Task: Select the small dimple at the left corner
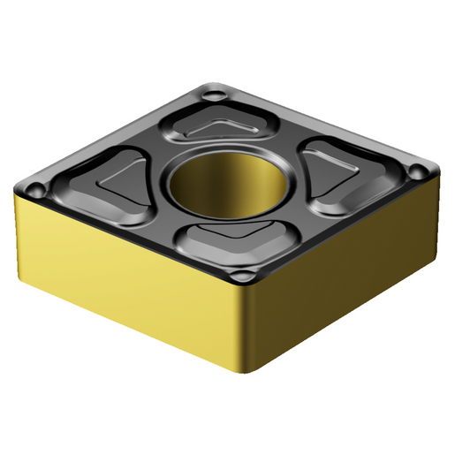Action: [x=35, y=188]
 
